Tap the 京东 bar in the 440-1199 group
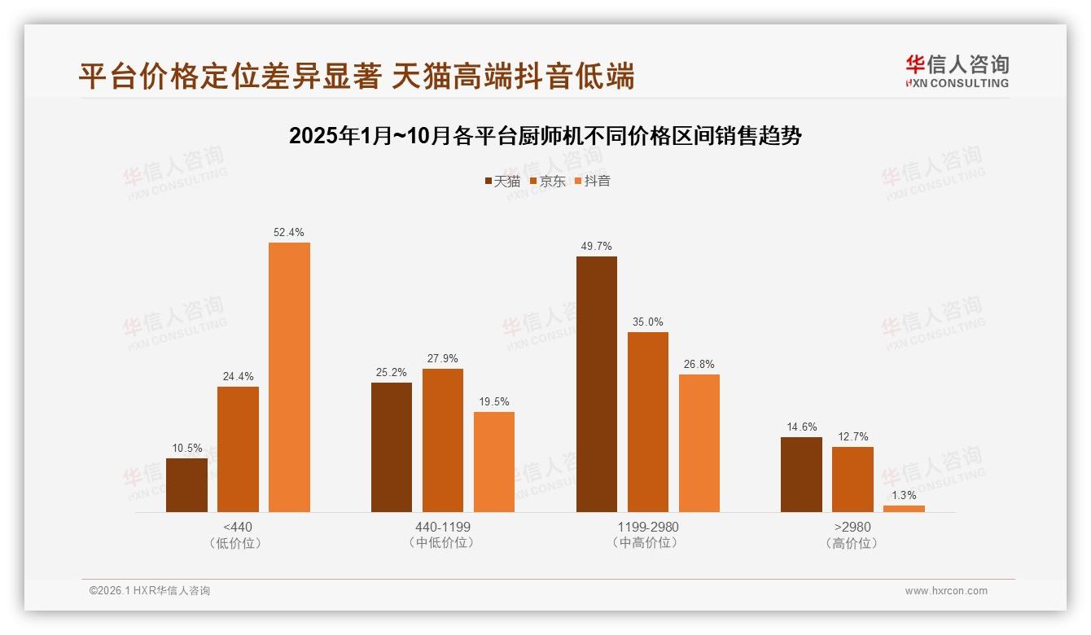click(443, 440)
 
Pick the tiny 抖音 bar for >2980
click(904, 509)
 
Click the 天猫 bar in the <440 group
click(186, 485)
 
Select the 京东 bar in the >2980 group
click(852, 480)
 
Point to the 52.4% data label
click(289, 233)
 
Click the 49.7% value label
click(597, 247)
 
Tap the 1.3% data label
click(904, 495)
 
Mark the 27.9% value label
click(443, 359)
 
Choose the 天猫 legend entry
click(502, 182)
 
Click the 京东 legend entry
click(547, 182)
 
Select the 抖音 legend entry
click(593, 182)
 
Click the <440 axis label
click(237, 527)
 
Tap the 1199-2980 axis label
click(648, 527)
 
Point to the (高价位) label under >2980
click(852, 543)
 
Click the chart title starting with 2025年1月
click(545, 136)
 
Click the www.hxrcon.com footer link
click(946, 591)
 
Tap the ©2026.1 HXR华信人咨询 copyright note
click(150, 591)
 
